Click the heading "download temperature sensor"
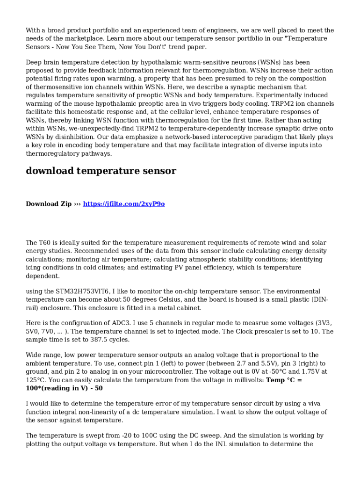click(101, 171)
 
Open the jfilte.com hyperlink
click(124, 204)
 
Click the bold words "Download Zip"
click(49, 204)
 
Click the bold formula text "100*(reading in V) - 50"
click(65, 388)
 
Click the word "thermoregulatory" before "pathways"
click(53, 153)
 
